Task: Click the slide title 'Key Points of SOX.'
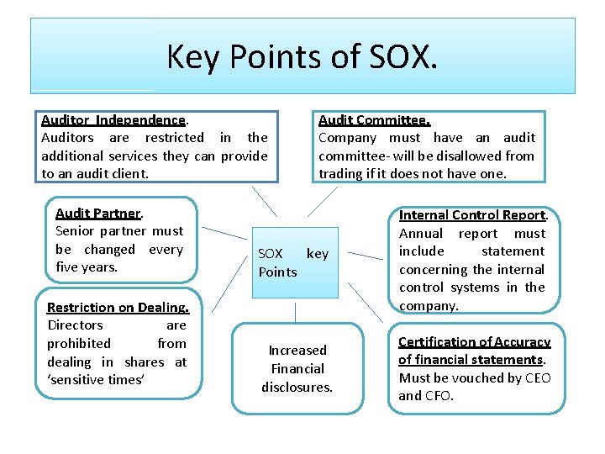pos(302,56)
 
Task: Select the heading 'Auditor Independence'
pos(113,120)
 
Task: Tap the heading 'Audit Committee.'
pos(374,120)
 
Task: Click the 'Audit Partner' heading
pos(97,213)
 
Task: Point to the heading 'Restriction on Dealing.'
pos(118,307)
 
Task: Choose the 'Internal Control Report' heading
pos(472,215)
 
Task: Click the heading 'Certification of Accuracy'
pos(474,341)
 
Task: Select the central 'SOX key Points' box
pos(292,262)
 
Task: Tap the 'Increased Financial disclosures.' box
pos(297,368)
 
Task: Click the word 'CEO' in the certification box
pos(536,377)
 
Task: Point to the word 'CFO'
pos(438,396)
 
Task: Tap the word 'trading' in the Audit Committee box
pos(340,174)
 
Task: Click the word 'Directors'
pos(75,325)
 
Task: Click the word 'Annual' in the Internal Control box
pos(420,234)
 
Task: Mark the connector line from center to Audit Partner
pos(224,232)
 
